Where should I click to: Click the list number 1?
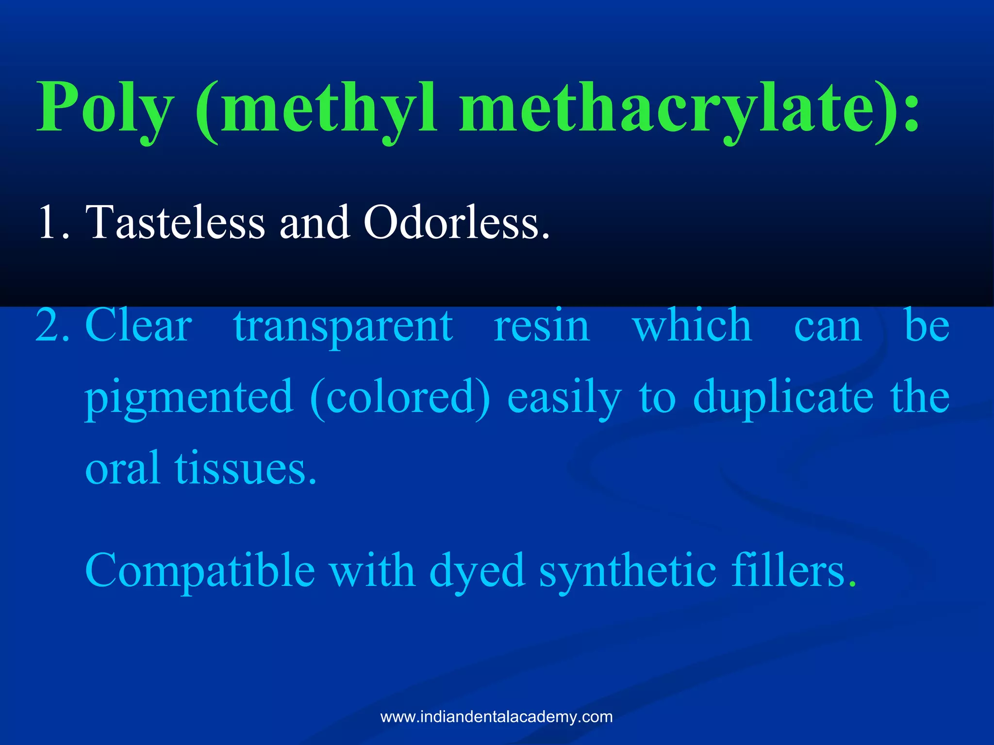pyautogui.click(x=52, y=223)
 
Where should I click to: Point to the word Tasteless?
pyautogui.click(x=175, y=223)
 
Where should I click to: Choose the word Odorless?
pyautogui.click(x=457, y=223)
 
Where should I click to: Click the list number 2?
pyautogui.click(x=52, y=326)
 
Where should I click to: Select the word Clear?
pyautogui.click(x=138, y=326)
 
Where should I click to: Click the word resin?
pyautogui.click(x=542, y=326)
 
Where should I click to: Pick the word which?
pyautogui.click(x=692, y=326)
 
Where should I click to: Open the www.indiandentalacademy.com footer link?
pyautogui.click(x=497, y=717)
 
